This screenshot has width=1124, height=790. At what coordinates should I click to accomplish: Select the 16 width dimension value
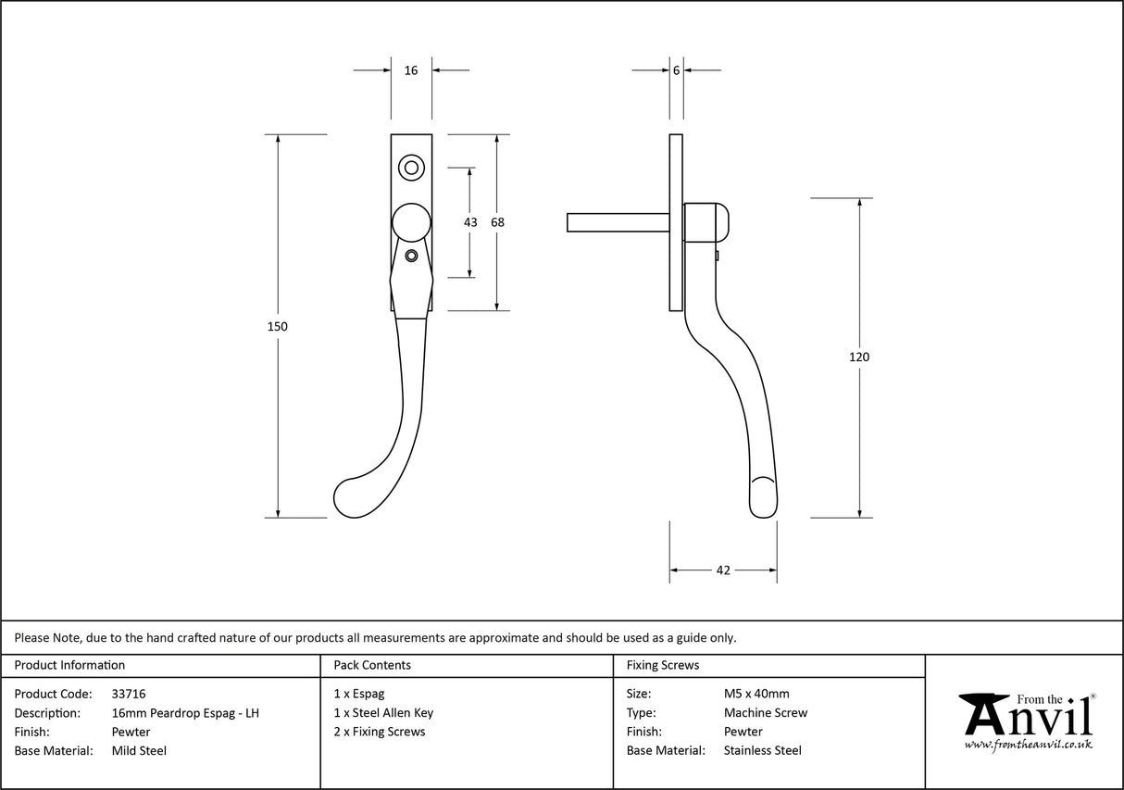(411, 70)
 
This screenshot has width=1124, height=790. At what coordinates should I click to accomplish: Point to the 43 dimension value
(470, 222)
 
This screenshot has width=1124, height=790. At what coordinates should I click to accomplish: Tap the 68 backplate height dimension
(497, 222)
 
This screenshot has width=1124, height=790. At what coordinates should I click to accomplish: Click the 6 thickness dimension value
(677, 70)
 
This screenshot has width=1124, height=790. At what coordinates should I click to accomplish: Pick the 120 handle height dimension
(860, 357)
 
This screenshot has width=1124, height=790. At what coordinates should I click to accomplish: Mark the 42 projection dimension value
(723, 571)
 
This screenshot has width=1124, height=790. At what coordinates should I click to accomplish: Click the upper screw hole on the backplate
(411, 168)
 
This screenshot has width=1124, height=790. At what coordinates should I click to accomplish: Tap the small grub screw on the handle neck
(412, 256)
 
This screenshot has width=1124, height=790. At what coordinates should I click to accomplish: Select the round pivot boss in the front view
(411, 222)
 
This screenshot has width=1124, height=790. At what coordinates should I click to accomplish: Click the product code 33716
(128, 694)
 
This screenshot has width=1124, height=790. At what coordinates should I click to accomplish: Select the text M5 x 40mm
(756, 694)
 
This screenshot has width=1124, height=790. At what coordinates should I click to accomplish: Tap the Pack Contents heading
(372, 665)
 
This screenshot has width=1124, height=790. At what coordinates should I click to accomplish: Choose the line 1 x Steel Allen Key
(383, 713)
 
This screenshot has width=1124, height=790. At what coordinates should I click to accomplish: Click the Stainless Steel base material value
(763, 751)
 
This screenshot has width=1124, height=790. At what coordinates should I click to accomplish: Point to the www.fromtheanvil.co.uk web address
(1028, 745)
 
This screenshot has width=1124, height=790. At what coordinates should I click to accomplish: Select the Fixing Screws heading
(663, 665)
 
